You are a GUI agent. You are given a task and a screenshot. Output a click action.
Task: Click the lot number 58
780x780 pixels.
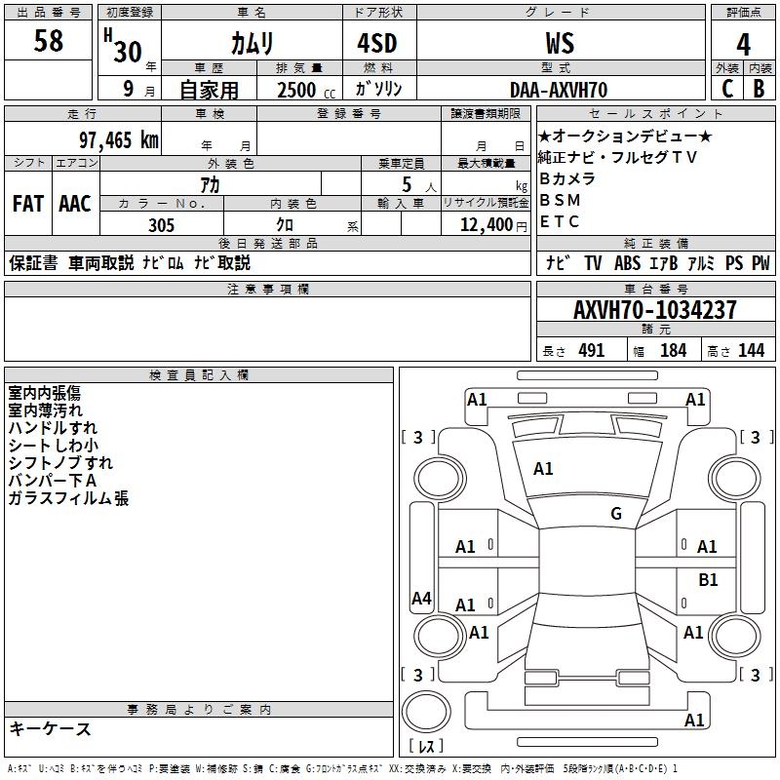48,41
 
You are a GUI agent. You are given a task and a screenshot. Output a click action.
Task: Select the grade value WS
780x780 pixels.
560,43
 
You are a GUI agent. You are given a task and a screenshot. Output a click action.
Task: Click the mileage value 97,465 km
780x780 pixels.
119,139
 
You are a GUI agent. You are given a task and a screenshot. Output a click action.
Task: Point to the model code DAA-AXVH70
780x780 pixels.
559,90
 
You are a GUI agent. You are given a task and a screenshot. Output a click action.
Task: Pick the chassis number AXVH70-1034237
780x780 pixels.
654,310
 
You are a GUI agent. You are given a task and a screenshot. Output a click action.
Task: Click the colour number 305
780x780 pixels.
161,225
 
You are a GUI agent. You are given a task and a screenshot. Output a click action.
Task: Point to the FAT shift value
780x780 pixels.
27,203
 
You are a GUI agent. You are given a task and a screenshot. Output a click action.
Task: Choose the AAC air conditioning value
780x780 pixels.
75,203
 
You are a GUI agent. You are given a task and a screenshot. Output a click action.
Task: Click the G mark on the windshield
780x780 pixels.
616,514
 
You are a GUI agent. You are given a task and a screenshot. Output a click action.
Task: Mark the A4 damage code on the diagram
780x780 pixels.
421,599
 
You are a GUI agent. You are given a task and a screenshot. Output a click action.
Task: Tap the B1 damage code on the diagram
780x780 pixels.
708,580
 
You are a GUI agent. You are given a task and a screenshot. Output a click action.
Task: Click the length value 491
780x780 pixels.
592,351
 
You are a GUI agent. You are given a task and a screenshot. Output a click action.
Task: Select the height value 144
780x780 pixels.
751,351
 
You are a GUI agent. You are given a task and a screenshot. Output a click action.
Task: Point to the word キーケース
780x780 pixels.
50,729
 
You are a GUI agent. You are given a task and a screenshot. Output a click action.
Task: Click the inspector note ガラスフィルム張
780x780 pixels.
68,499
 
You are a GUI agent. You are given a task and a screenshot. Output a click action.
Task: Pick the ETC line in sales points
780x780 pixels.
560,221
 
